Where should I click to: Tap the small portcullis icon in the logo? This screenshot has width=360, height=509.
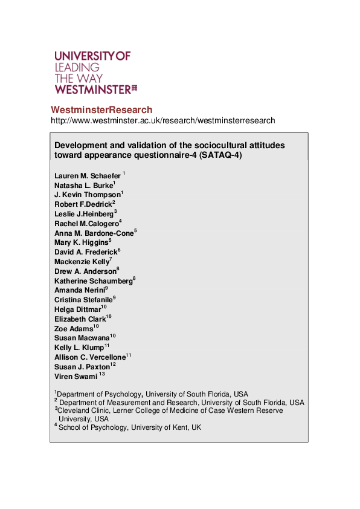pyautogui.click(x=135, y=88)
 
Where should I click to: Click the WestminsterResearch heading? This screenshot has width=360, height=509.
pyautogui.click(x=101, y=109)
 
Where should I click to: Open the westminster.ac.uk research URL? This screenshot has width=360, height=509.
pyautogui.click(x=162, y=120)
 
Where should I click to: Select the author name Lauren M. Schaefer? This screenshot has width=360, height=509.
pyautogui.click(x=88, y=176)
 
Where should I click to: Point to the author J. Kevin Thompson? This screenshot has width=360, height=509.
pyautogui.click(x=87, y=195)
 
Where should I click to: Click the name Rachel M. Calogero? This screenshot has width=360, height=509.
pyautogui.click(x=86, y=224)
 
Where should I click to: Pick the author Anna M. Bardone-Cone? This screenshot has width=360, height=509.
pyautogui.click(x=94, y=233)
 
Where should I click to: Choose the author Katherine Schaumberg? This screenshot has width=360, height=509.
pyautogui.click(x=93, y=281)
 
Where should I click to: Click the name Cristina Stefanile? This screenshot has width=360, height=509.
pyautogui.click(x=83, y=299)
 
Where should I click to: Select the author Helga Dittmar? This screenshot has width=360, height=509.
pyautogui.click(x=78, y=310)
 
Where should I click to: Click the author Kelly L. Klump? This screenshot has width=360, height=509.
pyautogui.click(x=79, y=348)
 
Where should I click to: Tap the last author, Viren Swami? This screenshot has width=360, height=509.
pyautogui.click(x=76, y=376)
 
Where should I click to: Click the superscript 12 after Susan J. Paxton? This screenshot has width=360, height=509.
pyautogui.click(x=113, y=365)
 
